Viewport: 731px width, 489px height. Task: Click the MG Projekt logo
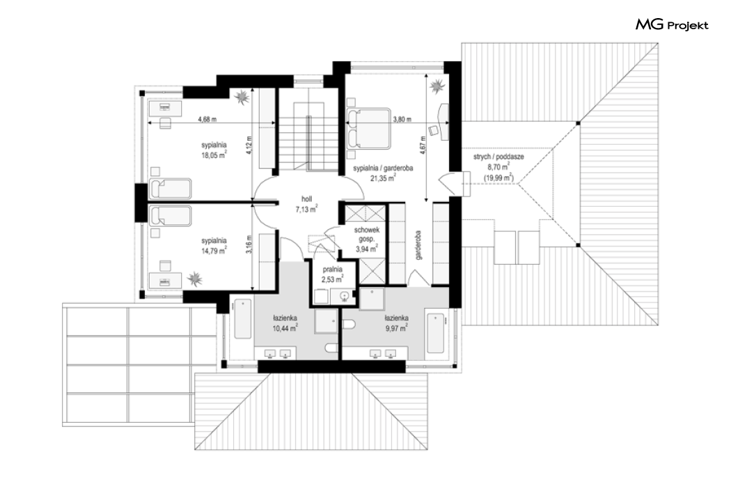672,24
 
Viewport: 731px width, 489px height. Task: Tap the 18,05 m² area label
214,155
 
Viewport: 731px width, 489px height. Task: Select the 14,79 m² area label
214,251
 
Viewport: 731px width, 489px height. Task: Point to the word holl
306,199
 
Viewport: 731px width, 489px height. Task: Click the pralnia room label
332,270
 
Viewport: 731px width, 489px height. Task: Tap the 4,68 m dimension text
207,119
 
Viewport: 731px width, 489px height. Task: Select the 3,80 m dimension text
402,119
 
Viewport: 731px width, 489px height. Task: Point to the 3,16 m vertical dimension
249,244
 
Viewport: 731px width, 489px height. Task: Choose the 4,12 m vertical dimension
249,145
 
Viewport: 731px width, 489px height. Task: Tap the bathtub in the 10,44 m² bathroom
242,319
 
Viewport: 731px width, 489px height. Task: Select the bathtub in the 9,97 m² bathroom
435,333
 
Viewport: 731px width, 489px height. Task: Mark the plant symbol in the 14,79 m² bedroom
195,279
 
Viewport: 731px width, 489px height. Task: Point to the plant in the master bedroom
437,86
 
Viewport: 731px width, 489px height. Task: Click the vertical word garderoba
418,245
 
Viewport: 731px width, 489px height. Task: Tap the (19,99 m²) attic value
498,177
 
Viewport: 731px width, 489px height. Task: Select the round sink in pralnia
344,296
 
